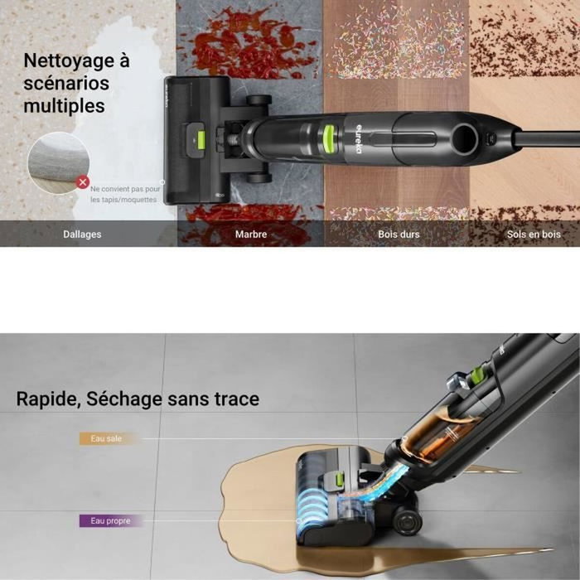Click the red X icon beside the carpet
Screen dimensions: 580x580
tap(83, 182)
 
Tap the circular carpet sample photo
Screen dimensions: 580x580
tap(59, 163)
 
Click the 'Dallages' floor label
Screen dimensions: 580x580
tap(82, 234)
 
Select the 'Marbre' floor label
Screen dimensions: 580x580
tap(251, 234)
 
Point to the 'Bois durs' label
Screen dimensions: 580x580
tap(399, 234)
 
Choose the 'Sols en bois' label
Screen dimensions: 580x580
tap(534, 234)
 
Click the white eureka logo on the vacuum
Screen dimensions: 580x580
tap(359, 138)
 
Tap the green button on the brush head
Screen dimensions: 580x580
tap(201, 143)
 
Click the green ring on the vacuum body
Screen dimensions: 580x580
tap(330, 138)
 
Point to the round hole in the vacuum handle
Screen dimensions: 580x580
tap(465, 139)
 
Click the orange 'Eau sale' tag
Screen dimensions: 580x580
tap(107, 438)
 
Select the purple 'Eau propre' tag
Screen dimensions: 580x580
tap(110, 521)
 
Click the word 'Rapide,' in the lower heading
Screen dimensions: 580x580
tap(48, 399)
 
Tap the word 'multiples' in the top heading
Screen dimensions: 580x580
tap(64, 106)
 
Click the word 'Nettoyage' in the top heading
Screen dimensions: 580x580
tap(70, 60)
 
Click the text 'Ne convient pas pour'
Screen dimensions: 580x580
tap(125, 189)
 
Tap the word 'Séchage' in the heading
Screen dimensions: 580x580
tap(124, 400)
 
